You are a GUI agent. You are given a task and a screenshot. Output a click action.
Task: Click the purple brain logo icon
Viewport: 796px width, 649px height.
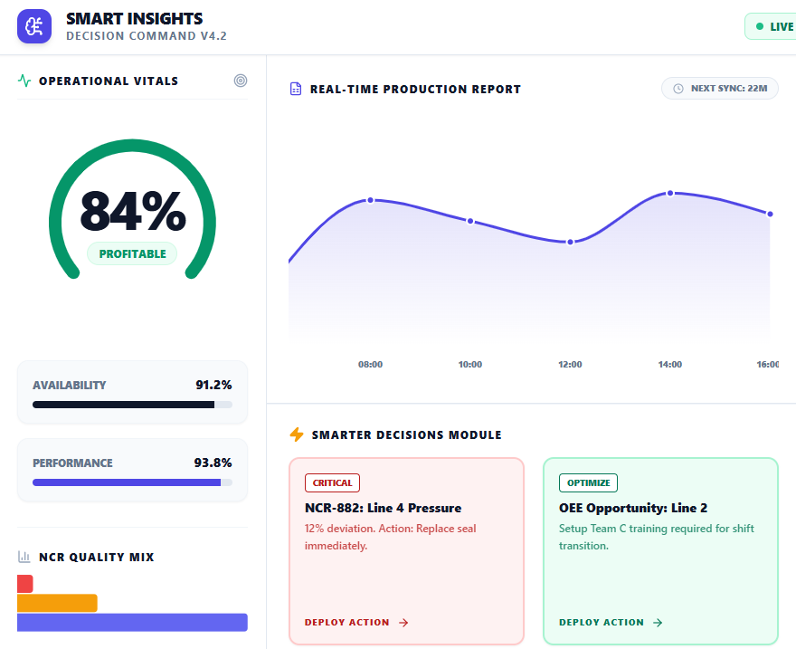coord(34,26)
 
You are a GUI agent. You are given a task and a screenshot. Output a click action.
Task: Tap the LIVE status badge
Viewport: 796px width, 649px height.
coord(772,26)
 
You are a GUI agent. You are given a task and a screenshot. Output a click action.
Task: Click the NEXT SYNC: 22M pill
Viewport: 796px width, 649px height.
coord(719,88)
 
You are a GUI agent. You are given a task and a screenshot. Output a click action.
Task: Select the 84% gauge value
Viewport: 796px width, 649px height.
coord(132,211)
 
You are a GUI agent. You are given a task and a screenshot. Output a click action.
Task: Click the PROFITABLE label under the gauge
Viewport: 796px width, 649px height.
coord(132,254)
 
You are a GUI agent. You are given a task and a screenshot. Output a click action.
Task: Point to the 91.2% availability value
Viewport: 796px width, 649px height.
coord(213,385)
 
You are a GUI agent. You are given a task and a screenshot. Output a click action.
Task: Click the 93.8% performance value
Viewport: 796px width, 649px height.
coord(213,463)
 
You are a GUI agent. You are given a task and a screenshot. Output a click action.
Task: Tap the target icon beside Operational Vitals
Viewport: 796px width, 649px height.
coord(240,81)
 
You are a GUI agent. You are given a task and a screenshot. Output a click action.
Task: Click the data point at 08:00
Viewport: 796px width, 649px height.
coord(370,200)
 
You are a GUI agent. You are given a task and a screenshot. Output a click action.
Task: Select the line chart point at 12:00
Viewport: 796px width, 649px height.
coord(570,242)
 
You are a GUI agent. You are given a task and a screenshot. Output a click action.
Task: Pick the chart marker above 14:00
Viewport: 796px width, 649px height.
coord(670,193)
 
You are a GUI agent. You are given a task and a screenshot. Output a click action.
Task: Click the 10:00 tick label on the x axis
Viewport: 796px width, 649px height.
coord(470,365)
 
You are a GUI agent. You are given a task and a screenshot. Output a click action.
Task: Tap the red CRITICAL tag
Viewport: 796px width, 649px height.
coord(332,483)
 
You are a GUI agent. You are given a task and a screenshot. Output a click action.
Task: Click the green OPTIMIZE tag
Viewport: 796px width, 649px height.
coord(588,483)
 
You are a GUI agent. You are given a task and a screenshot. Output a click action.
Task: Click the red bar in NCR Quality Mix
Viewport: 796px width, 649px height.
coord(24,584)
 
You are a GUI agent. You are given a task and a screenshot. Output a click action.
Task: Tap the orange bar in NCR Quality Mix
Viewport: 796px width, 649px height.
coord(57,603)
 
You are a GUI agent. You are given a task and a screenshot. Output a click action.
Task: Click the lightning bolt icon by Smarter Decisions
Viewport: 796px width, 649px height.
coord(297,434)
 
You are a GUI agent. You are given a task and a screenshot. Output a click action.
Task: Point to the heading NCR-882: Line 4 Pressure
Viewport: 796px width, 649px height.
coord(383,508)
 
